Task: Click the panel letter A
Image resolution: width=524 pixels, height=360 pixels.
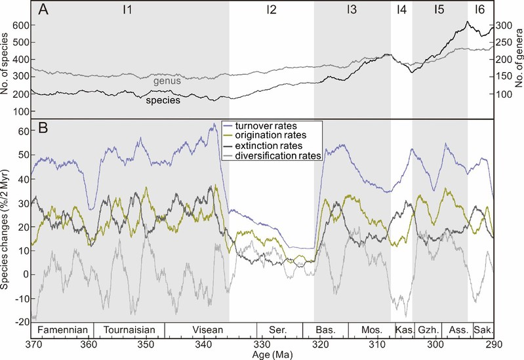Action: (43, 10)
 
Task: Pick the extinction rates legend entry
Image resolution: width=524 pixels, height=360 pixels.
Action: (268, 146)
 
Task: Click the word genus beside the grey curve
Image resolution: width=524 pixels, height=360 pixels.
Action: (167, 81)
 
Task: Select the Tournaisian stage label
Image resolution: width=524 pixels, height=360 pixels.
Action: (129, 329)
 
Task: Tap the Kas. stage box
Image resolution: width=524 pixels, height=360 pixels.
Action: (402, 329)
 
